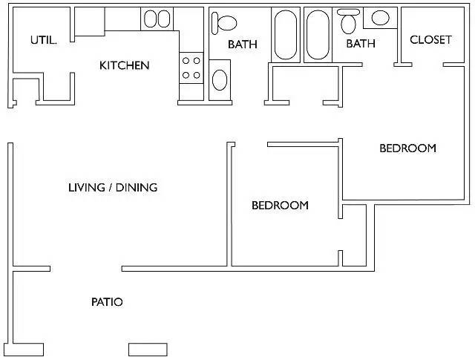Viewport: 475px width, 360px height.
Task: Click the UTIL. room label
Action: [44, 40]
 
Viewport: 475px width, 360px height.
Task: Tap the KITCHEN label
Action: [125, 65]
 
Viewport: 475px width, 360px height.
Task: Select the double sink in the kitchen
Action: [157, 19]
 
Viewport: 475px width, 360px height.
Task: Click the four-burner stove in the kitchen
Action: [191, 68]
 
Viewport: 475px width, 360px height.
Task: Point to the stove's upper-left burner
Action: [186, 61]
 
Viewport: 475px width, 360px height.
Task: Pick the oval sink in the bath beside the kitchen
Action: [220, 80]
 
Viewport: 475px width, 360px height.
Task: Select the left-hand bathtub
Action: [286, 35]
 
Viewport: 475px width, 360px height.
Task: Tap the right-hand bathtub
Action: [318, 35]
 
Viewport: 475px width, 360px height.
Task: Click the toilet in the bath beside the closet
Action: [348, 22]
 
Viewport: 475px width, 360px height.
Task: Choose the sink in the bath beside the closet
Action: [380, 18]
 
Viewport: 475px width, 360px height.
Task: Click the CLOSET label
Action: [430, 39]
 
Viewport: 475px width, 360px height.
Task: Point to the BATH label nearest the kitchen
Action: [243, 45]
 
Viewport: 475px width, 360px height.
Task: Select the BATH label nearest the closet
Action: [361, 44]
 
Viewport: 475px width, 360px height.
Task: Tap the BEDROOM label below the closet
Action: [407, 148]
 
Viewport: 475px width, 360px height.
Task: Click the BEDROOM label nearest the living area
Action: [281, 206]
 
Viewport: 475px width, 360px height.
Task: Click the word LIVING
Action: [87, 188]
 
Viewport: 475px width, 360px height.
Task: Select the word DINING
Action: [137, 188]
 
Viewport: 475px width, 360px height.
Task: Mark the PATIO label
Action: [107, 302]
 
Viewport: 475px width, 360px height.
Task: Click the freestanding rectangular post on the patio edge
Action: [148, 350]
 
